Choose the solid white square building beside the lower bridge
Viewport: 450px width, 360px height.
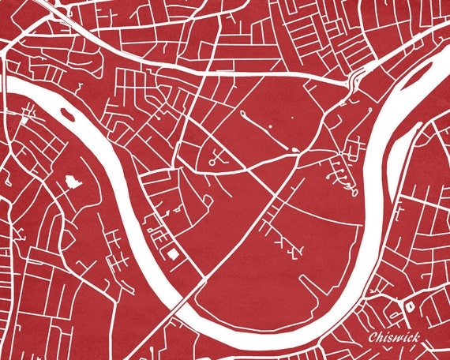click(173, 253)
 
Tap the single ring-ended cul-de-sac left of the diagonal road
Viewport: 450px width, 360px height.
click(216, 161)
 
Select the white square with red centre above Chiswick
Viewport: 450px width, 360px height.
click(411, 305)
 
